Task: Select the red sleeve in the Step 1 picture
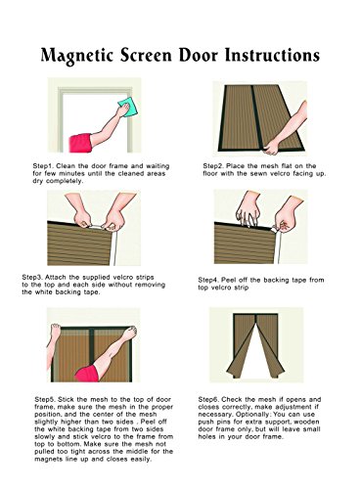[81, 143]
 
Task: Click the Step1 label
[43, 166]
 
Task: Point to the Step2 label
[213, 166]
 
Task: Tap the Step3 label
[32, 278]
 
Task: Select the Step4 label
[208, 280]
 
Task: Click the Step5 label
[45, 400]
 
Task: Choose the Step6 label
[209, 400]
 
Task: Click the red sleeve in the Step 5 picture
[87, 374]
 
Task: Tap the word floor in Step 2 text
[209, 173]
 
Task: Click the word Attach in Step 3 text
[56, 278]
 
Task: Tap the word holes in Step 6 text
[207, 437]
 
